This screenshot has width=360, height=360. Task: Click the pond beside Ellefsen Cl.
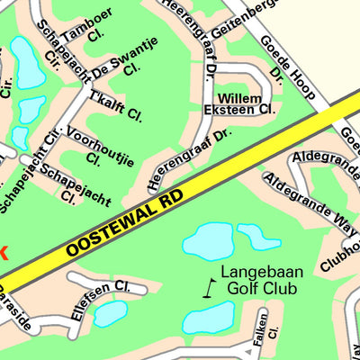click(x=109, y=314)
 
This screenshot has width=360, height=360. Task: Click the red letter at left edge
click(x=3, y=255)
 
